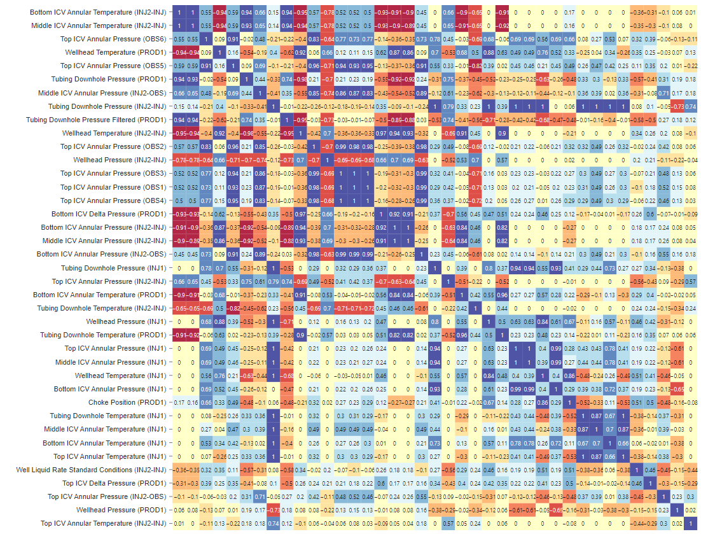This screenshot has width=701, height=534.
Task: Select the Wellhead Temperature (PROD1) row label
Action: tap(120, 52)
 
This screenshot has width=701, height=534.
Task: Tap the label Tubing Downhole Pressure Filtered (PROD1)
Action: tap(96, 120)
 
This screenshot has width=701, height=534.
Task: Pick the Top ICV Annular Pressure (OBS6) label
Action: tap(113, 39)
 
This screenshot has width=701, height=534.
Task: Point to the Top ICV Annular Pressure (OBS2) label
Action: tap(113, 146)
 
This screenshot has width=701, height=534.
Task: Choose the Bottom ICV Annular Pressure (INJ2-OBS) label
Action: tap(101, 254)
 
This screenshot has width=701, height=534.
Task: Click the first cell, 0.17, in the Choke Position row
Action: tap(179, 402)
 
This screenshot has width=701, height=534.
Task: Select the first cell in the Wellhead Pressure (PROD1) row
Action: tap(179, 510)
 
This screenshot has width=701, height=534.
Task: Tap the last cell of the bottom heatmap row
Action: tap(690, 523)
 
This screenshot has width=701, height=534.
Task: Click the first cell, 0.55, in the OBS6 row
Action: tap(179, 39)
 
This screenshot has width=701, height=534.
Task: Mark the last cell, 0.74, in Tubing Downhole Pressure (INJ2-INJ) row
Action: tap(690, 106)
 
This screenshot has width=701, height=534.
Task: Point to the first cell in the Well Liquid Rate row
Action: tap(179, 470)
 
